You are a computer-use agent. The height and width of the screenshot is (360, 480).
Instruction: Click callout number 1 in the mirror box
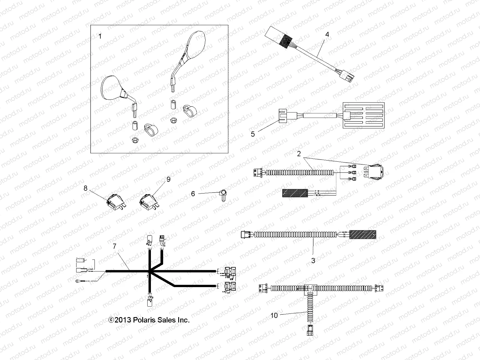coord(100,37)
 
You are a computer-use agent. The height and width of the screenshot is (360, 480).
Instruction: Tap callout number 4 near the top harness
coord(327,35)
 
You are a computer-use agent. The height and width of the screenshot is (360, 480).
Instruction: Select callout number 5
coord(253,134)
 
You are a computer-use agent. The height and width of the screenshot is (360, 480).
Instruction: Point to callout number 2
coord(299,154)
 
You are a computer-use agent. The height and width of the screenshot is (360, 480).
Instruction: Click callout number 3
coord(313,261)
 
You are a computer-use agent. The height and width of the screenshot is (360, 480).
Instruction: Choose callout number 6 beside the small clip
coord(193,194)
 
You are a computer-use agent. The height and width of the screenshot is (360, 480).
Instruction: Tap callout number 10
coord(274,316)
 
